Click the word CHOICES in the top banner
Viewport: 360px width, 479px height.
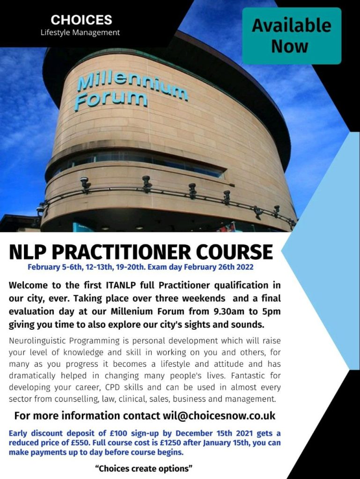coord(81,20)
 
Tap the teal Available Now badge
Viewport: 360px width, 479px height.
coord(292,36)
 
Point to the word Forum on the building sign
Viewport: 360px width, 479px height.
coord(111,100)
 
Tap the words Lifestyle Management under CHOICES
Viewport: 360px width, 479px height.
coord(80,32)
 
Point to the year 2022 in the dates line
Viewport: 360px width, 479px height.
coord(244,267)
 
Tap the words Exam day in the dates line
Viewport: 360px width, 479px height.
coord(165,267)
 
